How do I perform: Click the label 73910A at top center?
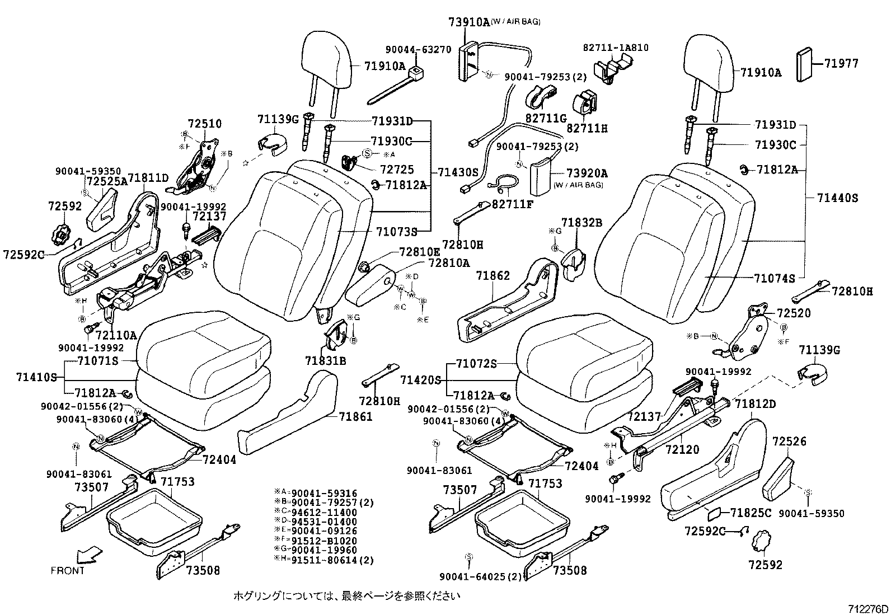point(468,22)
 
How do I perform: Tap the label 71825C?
point(751,512)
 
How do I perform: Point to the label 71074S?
point(774,278)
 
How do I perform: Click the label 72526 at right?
point(789,442)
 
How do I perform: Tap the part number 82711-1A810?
point(616,48)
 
